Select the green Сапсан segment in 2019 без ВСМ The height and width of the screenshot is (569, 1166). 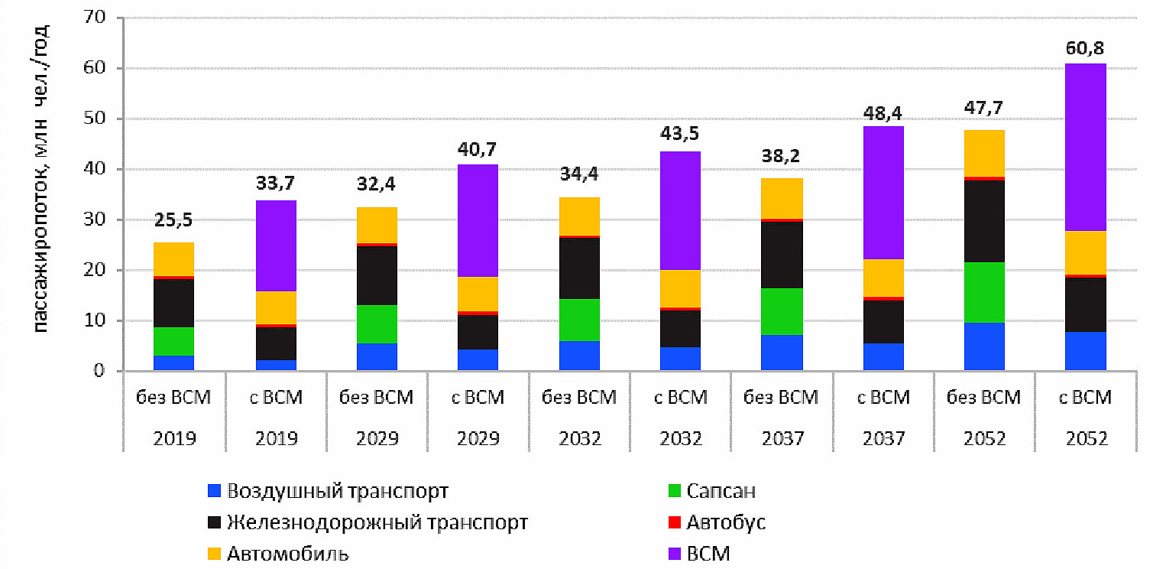[x=174, y=341]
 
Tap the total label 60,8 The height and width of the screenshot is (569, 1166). [x=1084, y=50]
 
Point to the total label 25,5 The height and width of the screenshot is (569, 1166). [x=174, y=221]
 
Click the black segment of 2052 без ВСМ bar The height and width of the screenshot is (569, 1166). [x=984, y=221]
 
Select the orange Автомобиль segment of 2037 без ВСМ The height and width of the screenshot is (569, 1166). [x=782, y=198]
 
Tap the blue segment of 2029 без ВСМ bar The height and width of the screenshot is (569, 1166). [x=377, y=357]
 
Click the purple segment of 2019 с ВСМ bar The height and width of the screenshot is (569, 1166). [x=276, y=245]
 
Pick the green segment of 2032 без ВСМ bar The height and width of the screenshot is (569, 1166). [x=579, y=320]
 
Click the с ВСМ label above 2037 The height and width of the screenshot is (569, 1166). [x=883, y=398]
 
